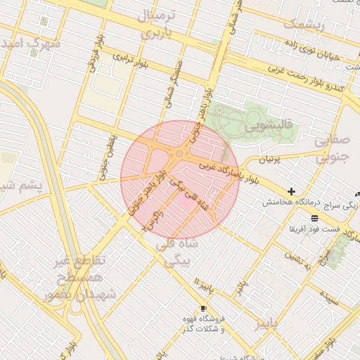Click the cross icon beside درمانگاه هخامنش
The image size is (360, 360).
(x=291, y=191)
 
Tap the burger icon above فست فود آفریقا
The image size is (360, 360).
(x=314, y=219)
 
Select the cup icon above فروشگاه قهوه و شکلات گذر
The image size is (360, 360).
(x=203, y=309)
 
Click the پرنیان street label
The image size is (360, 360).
(x=269, y=160)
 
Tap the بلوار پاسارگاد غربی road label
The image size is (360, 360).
(x=229, y=173)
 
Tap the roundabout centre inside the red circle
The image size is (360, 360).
(x=179, y=153)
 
